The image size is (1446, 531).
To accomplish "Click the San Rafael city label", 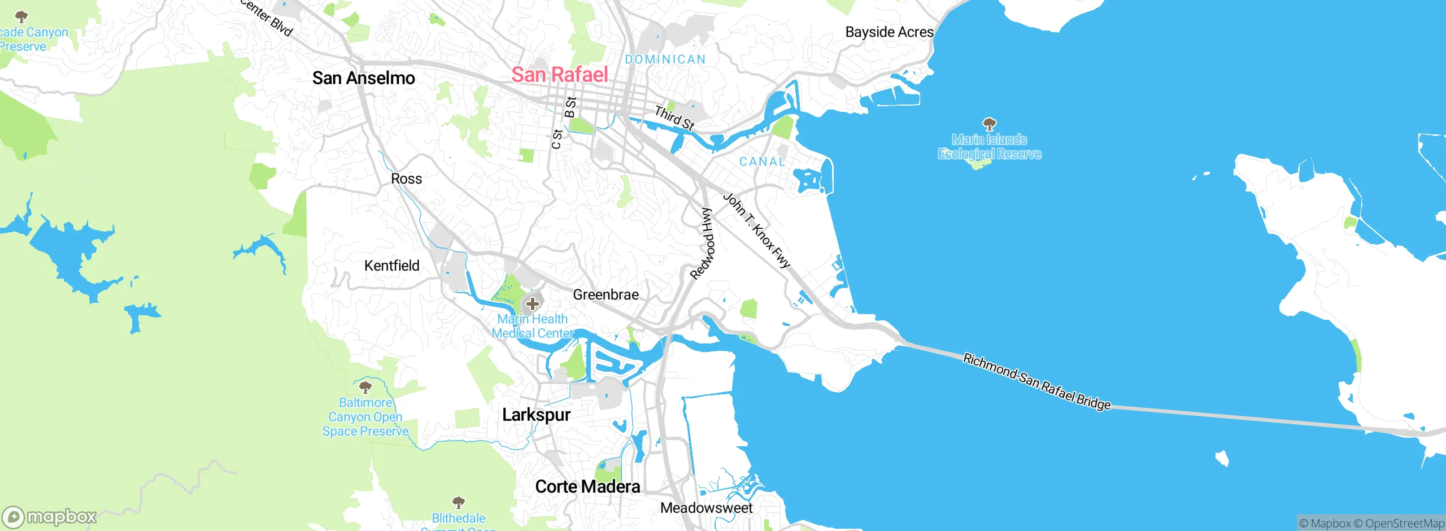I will click(x=559, y=75).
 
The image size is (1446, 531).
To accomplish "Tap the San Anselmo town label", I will click(x=363, y=78).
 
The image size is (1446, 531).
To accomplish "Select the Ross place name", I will click(x=406, y=179).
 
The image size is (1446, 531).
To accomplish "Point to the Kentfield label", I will click(x=391, y=265).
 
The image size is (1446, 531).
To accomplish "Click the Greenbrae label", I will click(x=606, y=295).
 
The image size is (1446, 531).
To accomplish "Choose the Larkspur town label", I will click(x=536, y=415).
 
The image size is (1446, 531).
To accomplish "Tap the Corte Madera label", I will click(x=587, y=487).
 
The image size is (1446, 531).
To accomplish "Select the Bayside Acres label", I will click(x=889, y=32).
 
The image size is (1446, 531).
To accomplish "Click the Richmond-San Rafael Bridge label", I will click(x=1036, y=382).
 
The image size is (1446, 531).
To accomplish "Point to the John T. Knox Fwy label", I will click(x=757, y=230).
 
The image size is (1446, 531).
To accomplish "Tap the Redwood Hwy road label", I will click(x=703, y=244).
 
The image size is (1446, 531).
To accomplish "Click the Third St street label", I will click(x=674, y=117).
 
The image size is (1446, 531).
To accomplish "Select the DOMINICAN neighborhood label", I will click(x=665, y=59).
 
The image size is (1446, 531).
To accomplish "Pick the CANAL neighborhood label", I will click(x=762, y=162).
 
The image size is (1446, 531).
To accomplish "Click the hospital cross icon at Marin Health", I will click(x=532, y=304).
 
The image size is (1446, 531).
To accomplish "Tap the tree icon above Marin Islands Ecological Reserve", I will click(x=989, y=123).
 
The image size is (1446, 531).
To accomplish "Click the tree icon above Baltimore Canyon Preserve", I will click(x=365, y=387).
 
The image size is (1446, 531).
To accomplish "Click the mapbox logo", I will click(x=50, y=516).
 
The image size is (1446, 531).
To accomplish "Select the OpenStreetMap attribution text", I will click(x=1404, y=524).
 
